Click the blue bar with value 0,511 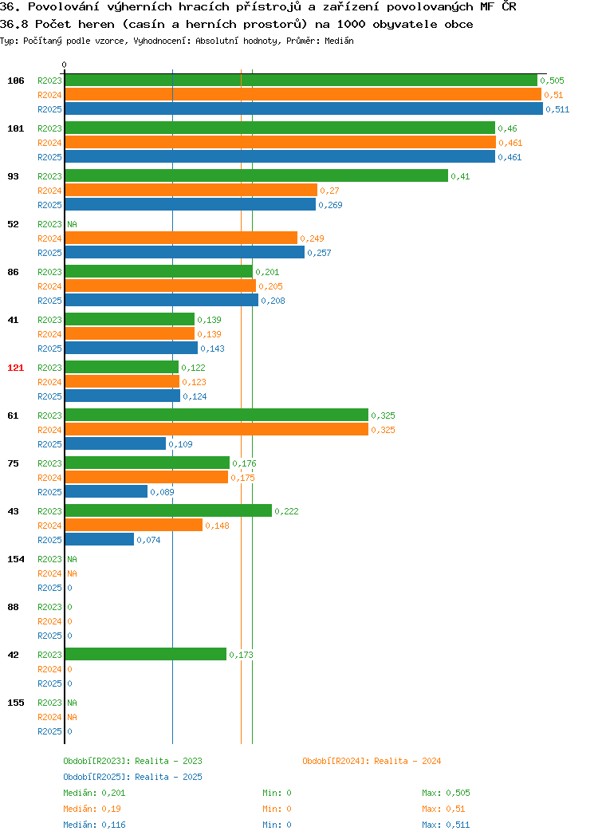tap(304, 108)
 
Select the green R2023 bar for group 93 tap(257, 175)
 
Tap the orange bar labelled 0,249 tap(181, 238)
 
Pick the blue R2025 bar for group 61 tap(116, 443)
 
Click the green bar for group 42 tap(146, 654)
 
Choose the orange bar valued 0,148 tap(134, 525)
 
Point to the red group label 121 tap(15, 368)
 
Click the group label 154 tap(15, 559)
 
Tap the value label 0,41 tap(461, 176)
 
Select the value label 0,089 tap(162, 492)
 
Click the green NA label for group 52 tap(73, 224)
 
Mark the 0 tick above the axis tap(65, 65)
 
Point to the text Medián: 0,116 tap(94, 825)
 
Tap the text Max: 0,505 tap(446, 793)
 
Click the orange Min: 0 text tap(277, 809)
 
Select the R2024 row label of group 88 tap(49, 621)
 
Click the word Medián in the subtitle tap(339, 41)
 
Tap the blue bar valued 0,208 tap(162, 300)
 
